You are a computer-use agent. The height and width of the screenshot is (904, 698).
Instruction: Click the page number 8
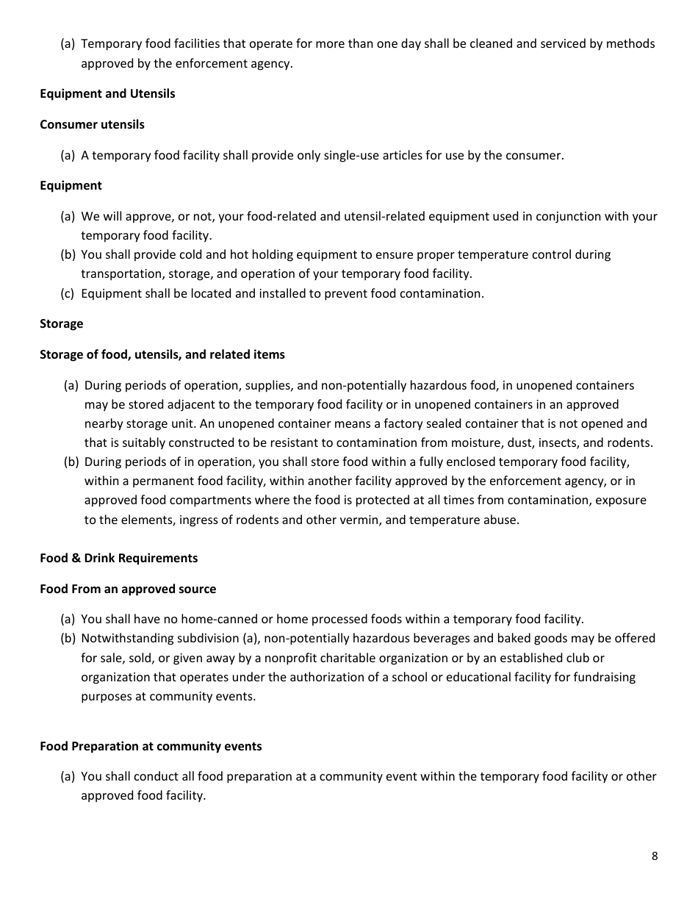[654, 855]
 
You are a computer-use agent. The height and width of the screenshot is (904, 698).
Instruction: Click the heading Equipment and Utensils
[107, 93]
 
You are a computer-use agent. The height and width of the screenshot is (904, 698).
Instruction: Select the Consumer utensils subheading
[92, 124]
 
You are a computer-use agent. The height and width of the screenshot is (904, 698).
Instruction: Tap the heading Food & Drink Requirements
[118, 558]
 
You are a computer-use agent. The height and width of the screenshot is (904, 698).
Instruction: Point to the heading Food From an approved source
[128, 589]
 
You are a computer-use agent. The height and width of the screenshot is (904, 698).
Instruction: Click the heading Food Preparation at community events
[151, 746]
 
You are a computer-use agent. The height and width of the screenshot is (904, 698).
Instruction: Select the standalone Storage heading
[61, 323]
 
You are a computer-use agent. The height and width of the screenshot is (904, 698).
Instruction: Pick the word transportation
[118, 273]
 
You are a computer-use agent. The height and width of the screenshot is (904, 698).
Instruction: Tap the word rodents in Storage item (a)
[631, 442]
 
